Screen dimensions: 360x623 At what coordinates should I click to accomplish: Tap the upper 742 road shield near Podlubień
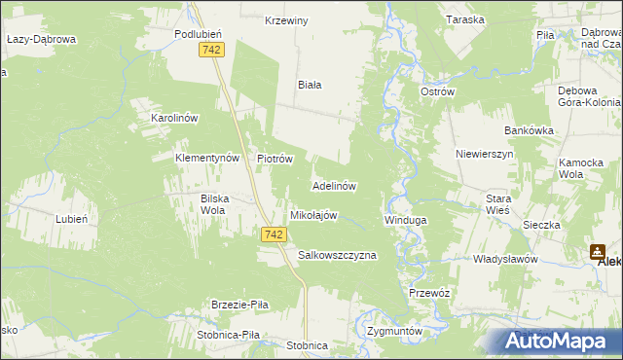210,49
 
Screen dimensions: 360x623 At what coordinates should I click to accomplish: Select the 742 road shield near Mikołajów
274,234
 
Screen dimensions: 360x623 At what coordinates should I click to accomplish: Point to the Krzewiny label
286,20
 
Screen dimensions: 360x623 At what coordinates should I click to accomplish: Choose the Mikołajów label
313,215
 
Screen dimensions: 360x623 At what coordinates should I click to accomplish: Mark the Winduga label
406,220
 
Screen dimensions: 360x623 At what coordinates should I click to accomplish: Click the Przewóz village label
428,293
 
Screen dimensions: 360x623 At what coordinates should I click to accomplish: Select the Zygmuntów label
395,331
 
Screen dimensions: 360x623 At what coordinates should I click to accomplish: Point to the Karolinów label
174,118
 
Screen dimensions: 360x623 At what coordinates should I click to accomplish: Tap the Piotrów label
275,159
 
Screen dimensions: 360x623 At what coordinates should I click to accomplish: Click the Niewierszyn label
484,154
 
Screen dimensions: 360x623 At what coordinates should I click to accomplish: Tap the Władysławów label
505,260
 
